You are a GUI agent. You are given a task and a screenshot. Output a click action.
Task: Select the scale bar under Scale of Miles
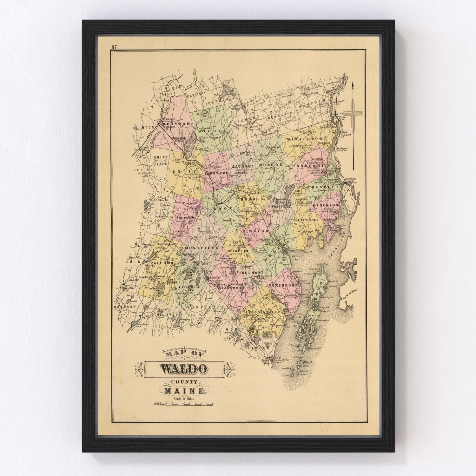[x=184, y=404]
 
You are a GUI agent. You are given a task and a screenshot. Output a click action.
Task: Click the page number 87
[x=114, y=47]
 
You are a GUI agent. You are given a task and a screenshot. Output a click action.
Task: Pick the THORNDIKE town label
[x=217, y=173]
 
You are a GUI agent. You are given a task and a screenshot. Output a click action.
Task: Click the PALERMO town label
[x=162, y=263]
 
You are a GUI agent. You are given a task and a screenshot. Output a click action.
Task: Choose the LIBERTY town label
[x=189, y=287]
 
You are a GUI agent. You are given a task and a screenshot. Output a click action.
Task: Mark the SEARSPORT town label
[x=307, y=220]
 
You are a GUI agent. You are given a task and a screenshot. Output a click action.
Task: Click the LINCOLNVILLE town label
[x=263, y=312]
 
